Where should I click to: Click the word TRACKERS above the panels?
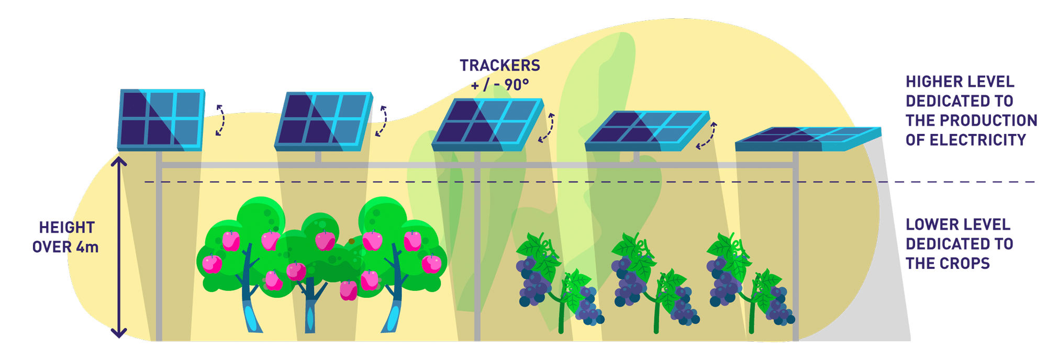[x=500, y=65]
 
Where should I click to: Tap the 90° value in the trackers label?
[x=517, y=85]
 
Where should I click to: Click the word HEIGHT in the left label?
[x=67, y=228]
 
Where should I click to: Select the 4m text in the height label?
[x=87, y=247]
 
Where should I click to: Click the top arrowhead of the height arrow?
[x=119, y=161]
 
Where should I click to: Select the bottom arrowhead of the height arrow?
[x=119, y=333]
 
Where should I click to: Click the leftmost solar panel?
[x=161, y=120]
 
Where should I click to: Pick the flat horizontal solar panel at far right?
[x=808, y=139]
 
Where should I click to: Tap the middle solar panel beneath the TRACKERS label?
[x=487, y=125]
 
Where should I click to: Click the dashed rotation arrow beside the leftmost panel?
[x=220, y=120]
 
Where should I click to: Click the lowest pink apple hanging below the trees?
[x=349, y=290]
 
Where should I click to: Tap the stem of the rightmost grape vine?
[x=753, y=309]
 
